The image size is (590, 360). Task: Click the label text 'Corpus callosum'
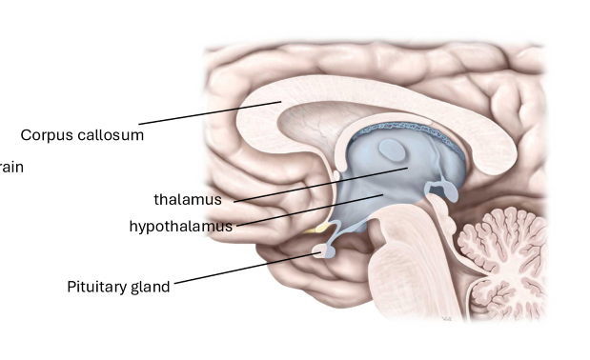[82, 135]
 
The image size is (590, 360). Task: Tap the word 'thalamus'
[188, 199]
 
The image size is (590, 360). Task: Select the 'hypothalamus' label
[180, 226]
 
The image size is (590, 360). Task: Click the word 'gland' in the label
[151, 286]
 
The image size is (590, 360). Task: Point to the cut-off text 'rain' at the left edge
[11, 167]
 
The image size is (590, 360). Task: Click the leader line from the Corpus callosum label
[210, 112]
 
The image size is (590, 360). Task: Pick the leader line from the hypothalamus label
[305, 210]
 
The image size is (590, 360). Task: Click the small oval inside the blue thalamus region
[391, 149]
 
